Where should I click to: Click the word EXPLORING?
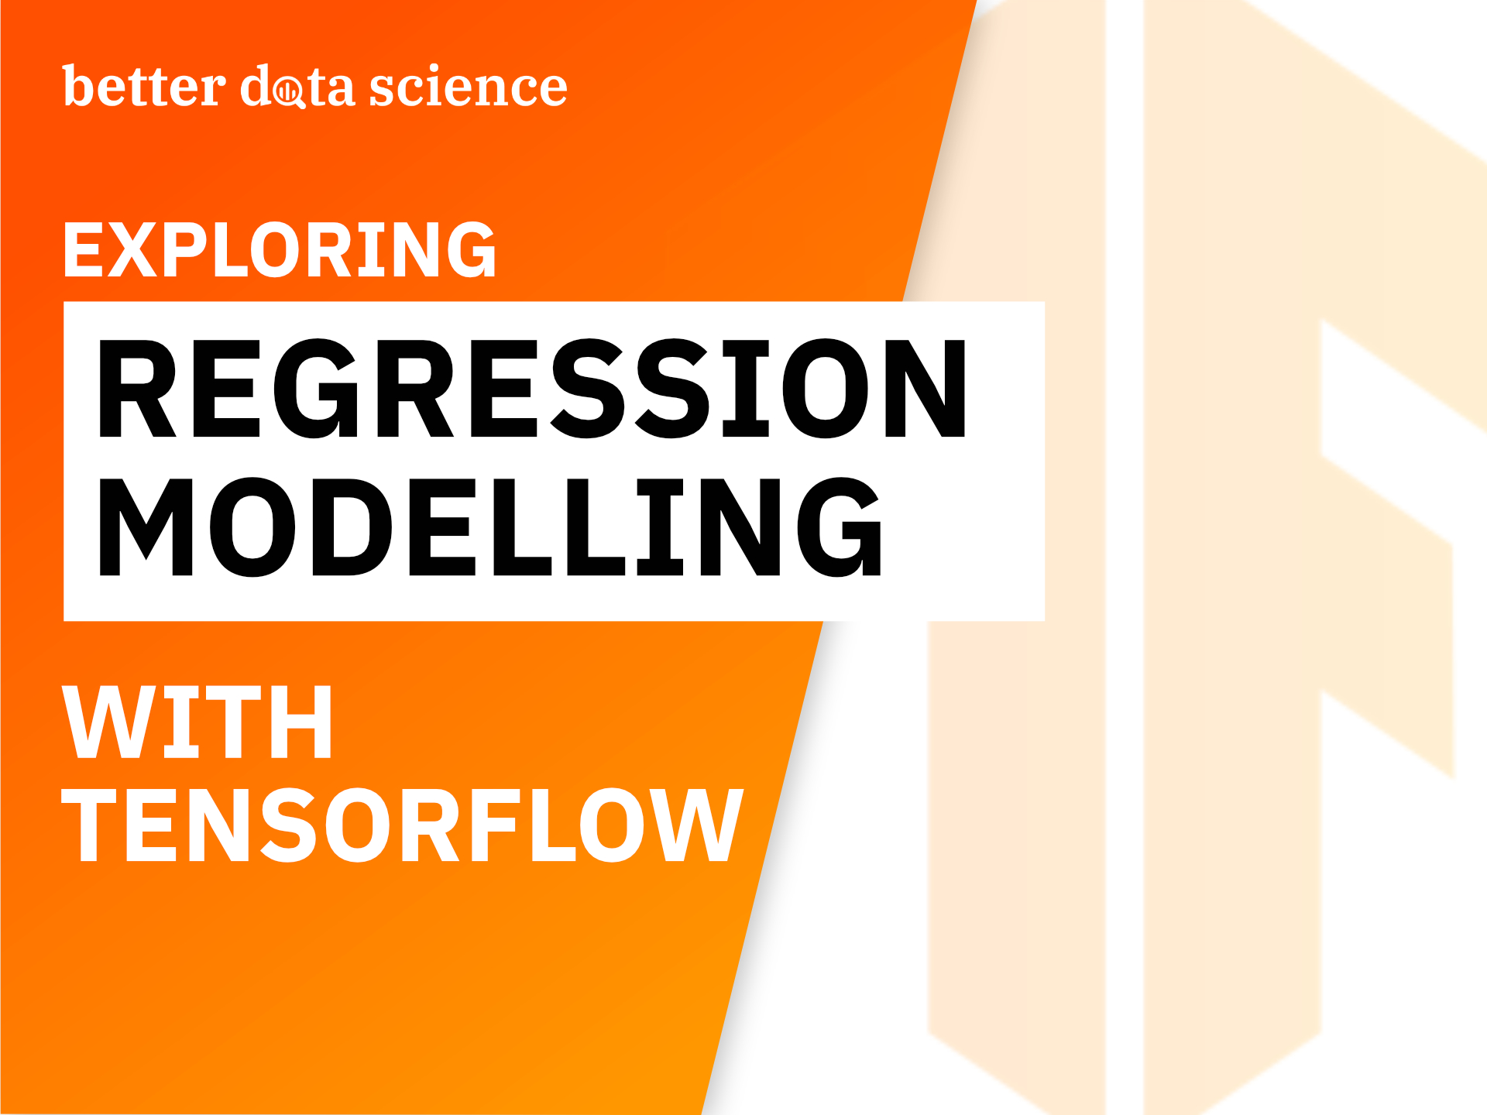click(279, 249)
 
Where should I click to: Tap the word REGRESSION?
click(531, 389)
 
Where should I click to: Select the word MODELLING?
click(489, 527)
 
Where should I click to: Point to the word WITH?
click(197, 723)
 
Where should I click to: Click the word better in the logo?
click(144, 87)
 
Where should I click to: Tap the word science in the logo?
click(468, 87)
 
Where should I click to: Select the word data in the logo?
click(297, 87)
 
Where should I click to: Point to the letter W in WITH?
click(107, 723)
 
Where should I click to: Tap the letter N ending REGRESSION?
click(926, 389)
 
